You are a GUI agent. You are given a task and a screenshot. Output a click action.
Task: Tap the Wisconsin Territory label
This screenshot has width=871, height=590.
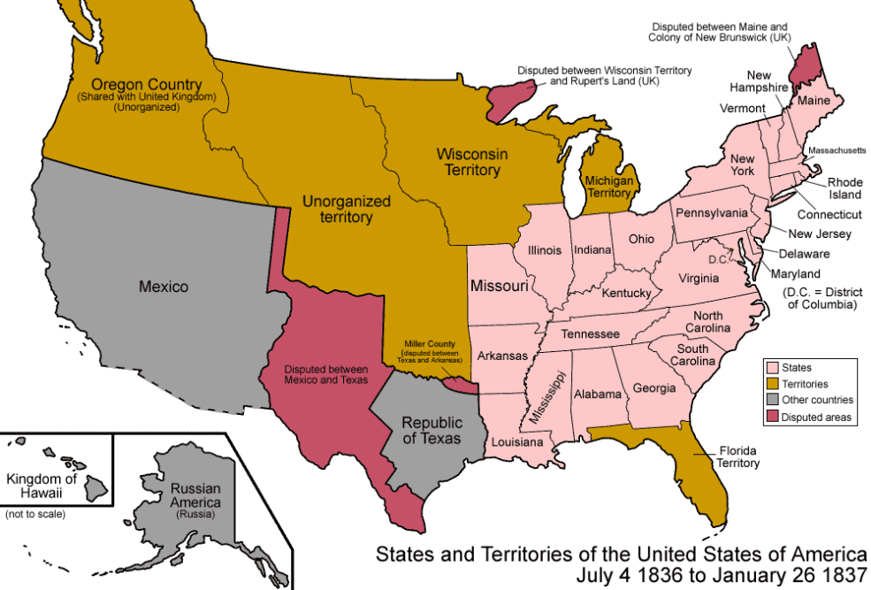(472, 162)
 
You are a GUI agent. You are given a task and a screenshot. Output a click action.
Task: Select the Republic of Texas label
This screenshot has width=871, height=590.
(432, 430)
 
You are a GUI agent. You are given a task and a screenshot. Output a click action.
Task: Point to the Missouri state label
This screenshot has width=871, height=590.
(499, 287)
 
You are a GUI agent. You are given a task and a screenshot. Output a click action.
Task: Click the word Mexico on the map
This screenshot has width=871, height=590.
(164, 287)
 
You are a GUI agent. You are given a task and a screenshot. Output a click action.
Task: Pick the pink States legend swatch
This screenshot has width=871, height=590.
(771, 367)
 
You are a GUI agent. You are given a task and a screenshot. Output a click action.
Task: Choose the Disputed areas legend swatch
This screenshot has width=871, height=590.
(771, 418)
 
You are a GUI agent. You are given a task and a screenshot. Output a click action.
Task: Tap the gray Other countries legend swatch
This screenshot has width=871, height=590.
(771, 401)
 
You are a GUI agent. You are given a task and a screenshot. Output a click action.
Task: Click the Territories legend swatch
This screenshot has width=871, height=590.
(771, 384)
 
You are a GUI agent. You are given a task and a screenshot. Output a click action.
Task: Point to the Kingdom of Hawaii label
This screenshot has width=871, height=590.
(42, 486)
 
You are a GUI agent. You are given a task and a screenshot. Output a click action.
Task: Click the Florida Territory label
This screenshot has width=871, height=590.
(738, 456)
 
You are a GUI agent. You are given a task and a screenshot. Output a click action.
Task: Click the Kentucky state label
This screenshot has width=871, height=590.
(626, 293)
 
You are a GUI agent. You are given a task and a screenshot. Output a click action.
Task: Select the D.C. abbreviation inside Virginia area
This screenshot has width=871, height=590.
(716, 260)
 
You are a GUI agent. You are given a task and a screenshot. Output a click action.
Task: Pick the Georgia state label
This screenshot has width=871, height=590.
(654, 387)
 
